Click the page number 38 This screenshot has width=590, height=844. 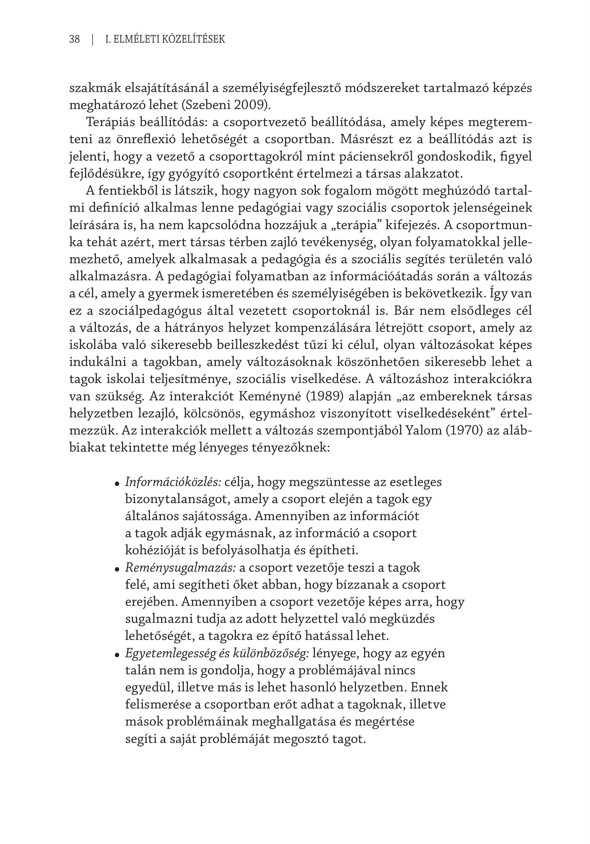tap(74, 39)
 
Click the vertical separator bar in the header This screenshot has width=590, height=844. tap(93, 39)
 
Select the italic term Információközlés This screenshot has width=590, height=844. tap(173, 482)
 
